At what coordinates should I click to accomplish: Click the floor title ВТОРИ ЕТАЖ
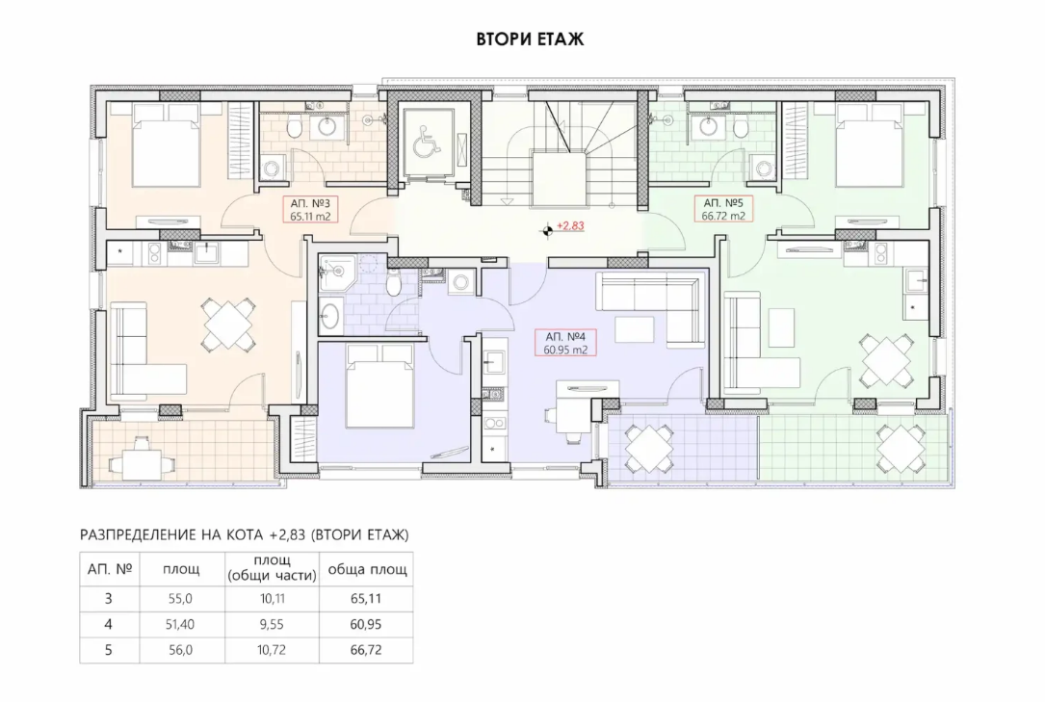coord(530,39)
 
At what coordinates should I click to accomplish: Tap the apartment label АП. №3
coord(310,203)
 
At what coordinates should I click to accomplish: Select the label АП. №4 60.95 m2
coord(565,343)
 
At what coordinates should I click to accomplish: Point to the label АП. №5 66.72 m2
coord(723,209)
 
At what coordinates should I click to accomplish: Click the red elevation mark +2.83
coord(570,225)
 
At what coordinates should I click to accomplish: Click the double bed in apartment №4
coord(379,386)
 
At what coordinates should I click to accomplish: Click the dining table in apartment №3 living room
coord(228,325)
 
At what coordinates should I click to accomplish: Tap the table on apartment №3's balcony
coord(141,457)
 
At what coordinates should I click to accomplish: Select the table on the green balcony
coord(901,448)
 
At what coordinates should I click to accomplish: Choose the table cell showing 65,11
coord(366,599)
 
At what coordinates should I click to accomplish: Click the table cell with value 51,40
coord(180,624)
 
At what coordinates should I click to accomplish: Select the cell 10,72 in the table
coord(272,650)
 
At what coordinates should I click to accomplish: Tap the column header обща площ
coord(367,569)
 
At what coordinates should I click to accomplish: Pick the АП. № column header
coord(110,569)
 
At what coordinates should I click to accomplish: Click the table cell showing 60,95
coord(366,624)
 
